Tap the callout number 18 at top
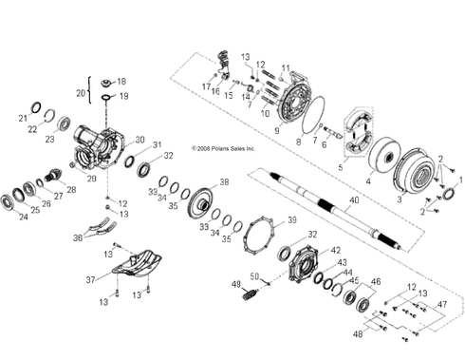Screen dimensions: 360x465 pos(121,82)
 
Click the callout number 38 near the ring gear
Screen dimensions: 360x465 pos(224,181)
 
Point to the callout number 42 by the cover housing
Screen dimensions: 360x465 pos(334,251)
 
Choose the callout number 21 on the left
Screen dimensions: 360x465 pos(23,118)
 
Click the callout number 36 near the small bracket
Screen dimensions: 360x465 pos(77,237)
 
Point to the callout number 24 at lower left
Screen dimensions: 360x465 pos(22,218)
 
